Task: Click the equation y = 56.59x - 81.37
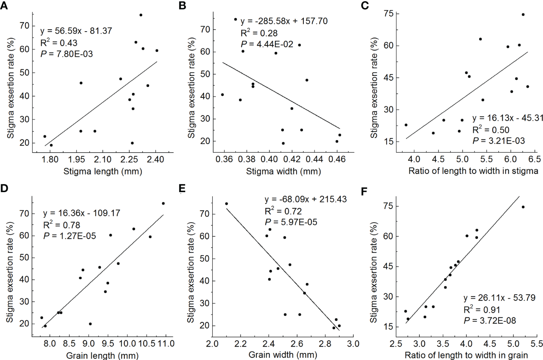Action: click(76, 31)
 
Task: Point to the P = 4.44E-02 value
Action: click(266, 44)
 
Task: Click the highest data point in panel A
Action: click(141, 15)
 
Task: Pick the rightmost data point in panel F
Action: click(523, 207)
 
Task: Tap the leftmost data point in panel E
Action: click(226, 204)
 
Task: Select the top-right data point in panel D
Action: click(163, 203)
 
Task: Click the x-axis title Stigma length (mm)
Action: click(103, 171)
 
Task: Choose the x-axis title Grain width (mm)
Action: click(283, 355)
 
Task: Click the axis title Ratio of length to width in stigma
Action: click(473, 171)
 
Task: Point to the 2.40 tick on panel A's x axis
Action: click(156, 159)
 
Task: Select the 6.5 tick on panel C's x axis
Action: click(535, 159)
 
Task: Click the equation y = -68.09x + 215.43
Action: click(305, 199)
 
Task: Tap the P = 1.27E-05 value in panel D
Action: click(69, 236)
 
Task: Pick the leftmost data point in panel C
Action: click(406, 125)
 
